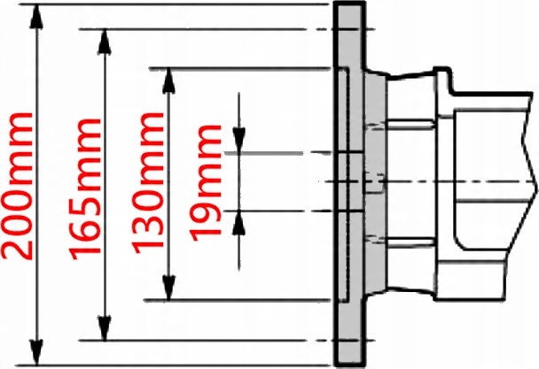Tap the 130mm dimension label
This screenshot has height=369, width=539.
(x=148, y=185)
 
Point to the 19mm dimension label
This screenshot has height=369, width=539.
(x=207, y=181)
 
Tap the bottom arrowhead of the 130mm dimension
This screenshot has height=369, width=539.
(x=168, y=291)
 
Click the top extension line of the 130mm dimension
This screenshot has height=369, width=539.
(x=248, y=67)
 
